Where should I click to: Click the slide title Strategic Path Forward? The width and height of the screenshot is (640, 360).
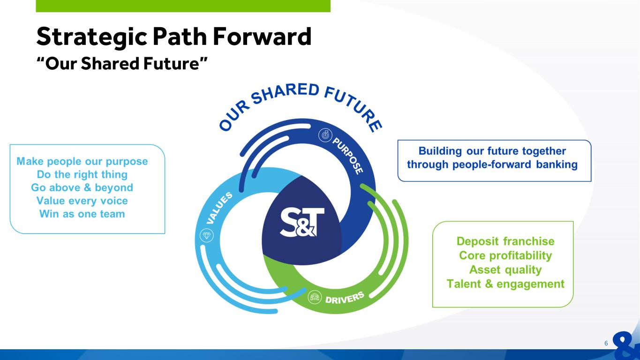(x=174, y=37)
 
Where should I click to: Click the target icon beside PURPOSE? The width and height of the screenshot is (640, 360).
(x=324, y=135)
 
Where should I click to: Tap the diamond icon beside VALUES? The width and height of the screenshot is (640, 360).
(x=206, y=236)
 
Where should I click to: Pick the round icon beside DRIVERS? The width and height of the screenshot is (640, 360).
(x=314, y=297)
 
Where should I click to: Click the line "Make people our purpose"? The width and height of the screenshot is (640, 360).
(x=82, y=161)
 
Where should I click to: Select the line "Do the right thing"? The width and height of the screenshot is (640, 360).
(x=82, y=174)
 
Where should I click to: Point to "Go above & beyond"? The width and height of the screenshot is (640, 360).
(x=82, y=187)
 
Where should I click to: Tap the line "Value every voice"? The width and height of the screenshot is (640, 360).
(x=82, y=201)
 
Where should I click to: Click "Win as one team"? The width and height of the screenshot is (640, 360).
(x=82, y=214)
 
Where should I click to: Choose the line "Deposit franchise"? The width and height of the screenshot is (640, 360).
(x=505, y=241)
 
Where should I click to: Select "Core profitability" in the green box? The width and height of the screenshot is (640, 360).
(x=505, y=255)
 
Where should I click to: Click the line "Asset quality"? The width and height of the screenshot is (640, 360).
(x=505, y=270)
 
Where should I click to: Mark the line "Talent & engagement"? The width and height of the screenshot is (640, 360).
(x=505, y=284)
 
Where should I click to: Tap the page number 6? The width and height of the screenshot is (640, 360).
(x=606, y=343)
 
